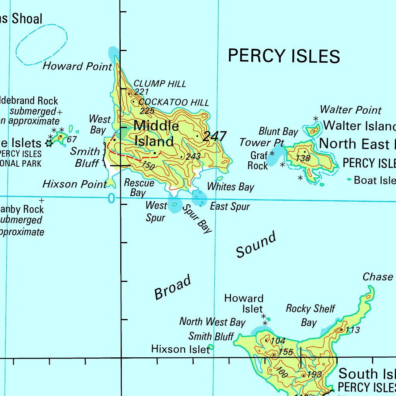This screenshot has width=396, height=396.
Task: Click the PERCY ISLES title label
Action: pos(284,56)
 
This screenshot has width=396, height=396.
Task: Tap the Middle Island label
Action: pos(155,133)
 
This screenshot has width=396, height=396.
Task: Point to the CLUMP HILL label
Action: pos(160,84)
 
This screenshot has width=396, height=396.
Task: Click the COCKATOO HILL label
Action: pos(174,102)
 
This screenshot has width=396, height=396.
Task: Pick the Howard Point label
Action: pos(77,66)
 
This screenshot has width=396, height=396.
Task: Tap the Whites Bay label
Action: pos(230,186)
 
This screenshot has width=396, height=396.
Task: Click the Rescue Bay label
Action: pos(139,188)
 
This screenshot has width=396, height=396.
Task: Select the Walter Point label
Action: pos(350,110)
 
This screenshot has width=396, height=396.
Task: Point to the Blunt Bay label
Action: pos(278,131)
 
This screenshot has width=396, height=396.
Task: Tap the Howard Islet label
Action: pos(244,304)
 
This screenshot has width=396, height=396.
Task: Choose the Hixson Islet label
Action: pos(180,349)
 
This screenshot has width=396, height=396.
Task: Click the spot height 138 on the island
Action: pos(303,158)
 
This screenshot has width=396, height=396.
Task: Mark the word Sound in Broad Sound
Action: pos(256,244)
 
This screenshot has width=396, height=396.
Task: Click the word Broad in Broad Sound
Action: pos(172,287)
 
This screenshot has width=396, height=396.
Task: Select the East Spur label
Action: pos(230,207)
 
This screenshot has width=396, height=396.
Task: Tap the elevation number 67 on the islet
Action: pos(72,140)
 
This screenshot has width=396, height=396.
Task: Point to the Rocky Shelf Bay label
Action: pos(310,315)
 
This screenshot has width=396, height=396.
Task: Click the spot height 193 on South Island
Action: pos(314,374)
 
